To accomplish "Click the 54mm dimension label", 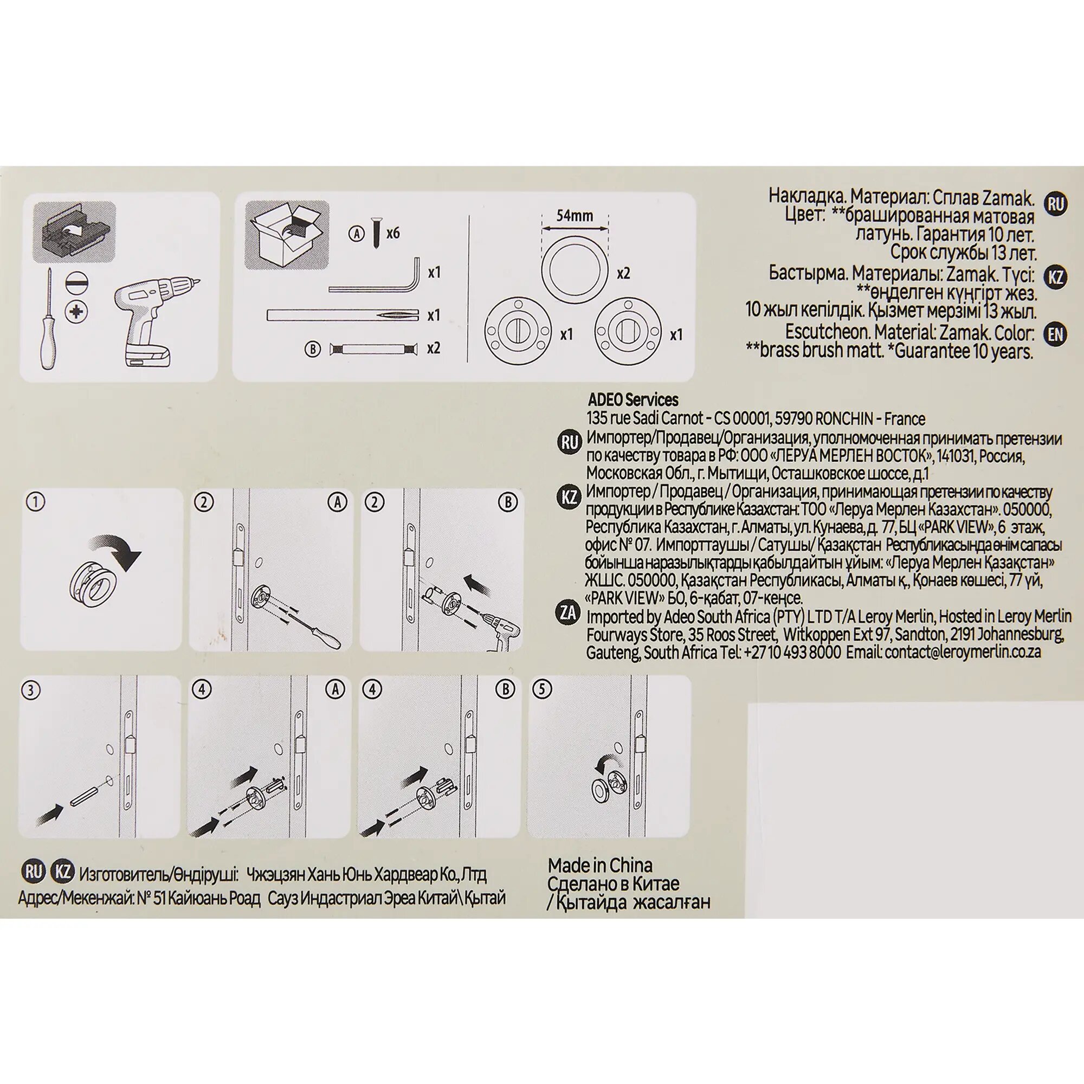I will coord(574,216).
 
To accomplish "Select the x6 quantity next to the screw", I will coord(392,233).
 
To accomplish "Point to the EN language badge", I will coord(1055,334).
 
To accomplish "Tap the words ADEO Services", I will coord(633,399).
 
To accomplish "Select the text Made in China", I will coord(600,864).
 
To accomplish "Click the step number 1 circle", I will coord(36,501).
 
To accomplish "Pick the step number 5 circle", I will coord(542,689).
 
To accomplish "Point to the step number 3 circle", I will coord(31,690).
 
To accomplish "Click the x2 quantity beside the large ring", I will coord(623,273).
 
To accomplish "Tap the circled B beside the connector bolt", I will coord(312,350).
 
